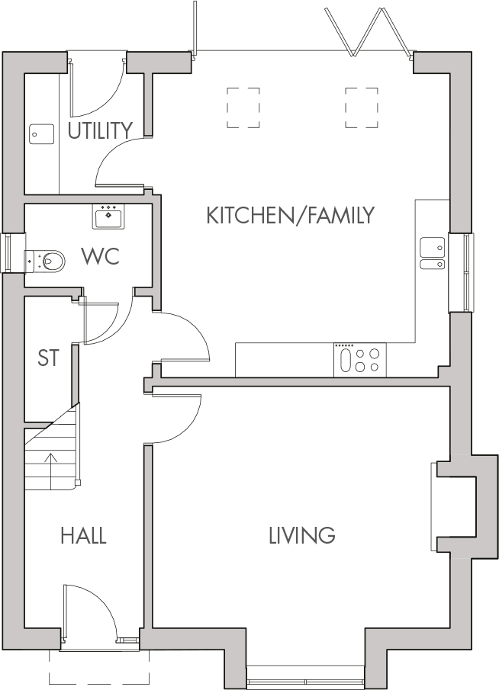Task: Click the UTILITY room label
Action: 100,131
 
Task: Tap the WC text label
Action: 101,257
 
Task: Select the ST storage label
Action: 48,358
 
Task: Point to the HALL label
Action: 83,536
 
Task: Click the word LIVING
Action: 301,535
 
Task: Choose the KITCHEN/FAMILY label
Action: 291,216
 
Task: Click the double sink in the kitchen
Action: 433,254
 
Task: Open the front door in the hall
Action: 90,610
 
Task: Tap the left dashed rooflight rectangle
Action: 243,107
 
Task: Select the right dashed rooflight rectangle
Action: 361,107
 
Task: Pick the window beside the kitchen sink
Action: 462,272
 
